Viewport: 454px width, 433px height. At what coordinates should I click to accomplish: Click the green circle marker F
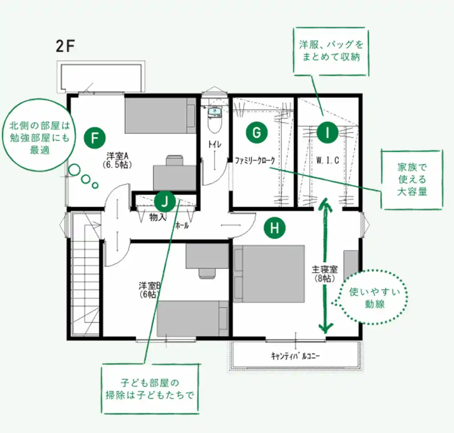tap(95, 138)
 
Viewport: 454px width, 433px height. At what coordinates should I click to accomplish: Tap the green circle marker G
tap(256, 133)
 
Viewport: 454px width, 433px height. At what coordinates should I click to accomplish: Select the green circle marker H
tap(275, 228)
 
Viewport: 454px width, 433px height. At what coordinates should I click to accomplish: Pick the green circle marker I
tap(328, 133)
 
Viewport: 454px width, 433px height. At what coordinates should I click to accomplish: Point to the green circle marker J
tap(164, 202)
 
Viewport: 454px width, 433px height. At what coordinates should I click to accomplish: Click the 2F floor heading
tap(65, 46)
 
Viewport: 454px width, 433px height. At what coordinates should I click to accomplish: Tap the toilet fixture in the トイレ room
tap(215, 119)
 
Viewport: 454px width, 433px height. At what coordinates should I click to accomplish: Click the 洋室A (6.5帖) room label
tap(117, 160)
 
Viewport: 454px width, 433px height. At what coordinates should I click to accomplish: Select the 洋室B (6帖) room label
tap(150, 290)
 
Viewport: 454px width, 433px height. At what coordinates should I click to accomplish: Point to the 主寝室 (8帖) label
tap(325, 274)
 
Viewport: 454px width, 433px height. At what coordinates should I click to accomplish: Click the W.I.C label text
tap(328, 160)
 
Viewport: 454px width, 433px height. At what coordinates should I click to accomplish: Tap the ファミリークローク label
tap(255, 160)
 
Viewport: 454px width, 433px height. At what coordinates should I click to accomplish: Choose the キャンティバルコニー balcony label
tap(295, 356)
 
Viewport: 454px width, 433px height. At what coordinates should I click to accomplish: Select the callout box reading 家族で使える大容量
tap(412, 180)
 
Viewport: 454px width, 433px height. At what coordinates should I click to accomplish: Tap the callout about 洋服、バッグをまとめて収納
tap(331, 52)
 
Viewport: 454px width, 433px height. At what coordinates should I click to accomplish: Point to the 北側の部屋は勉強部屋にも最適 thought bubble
tap(39, 135)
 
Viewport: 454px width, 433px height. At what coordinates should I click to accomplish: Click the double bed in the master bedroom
tap(269, 274)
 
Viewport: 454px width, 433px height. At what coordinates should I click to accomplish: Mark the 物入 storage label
tap(158, 217)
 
